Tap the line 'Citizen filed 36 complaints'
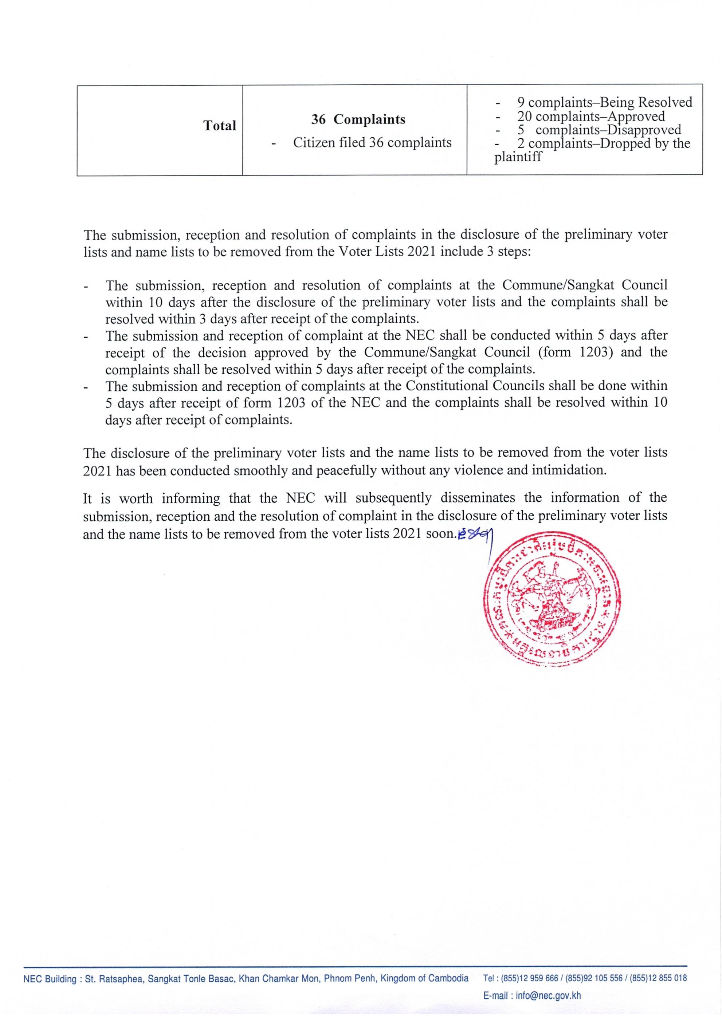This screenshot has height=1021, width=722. click(x=372, y=142)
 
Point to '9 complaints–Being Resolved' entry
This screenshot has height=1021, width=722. click(x=604, y=102)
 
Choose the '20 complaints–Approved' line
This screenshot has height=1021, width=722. click(x=591, y=116)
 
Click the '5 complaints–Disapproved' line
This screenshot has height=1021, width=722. click(x=599, y=130)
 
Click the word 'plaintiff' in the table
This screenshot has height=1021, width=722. click(x=518, y=157)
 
